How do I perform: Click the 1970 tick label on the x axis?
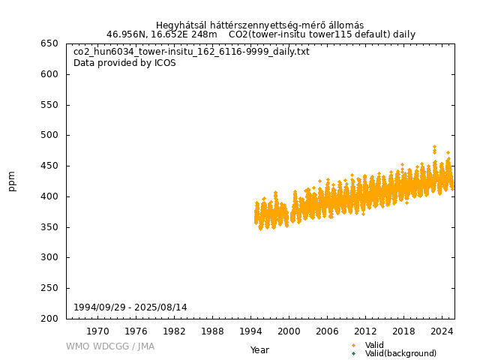tap(97, 331)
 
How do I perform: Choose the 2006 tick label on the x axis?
tap(327, 331)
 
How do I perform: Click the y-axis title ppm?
tap(12, 181)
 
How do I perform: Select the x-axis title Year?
tap(259, 350)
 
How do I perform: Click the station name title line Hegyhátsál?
tap(259, 25)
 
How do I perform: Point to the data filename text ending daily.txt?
tap(191, 52)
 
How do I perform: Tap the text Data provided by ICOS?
tap(124, 63)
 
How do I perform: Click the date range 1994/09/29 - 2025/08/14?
tap(130, 307)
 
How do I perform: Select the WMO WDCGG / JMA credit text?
tap(109, 346)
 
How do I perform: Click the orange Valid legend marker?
tap(353, 345)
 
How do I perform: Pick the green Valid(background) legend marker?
tap(353, 353)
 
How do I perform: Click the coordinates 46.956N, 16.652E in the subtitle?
tap(150, 34)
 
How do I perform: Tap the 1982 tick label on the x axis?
tap(174, 331)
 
